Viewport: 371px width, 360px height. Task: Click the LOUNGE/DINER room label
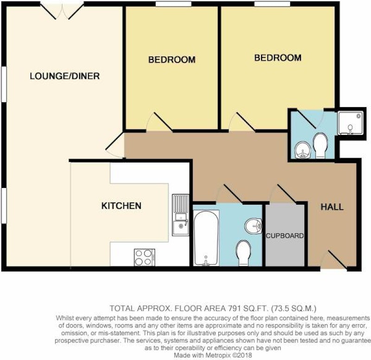[64, 76]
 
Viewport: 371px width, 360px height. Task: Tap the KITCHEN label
[122, 206]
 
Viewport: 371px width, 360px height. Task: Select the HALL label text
[332, 207]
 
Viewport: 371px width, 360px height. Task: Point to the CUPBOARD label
[285, 236]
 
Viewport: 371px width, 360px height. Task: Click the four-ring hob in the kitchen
[144, 257]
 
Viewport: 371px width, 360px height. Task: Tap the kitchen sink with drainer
[180, 215]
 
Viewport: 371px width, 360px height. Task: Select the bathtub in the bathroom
[206, 238]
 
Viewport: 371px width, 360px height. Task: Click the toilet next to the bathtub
[243, 253]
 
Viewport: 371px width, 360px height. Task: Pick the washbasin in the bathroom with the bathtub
[253, 225]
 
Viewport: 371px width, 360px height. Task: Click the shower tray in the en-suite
[350, 123]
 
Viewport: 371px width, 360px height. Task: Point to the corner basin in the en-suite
[303, 150]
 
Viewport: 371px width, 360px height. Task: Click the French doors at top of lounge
[62, 11]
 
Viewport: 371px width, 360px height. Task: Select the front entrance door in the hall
[333, 259]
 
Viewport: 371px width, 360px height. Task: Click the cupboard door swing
[283, 193]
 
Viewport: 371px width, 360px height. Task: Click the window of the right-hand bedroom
[272, 4]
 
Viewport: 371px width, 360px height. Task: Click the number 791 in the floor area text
[235, 309]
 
